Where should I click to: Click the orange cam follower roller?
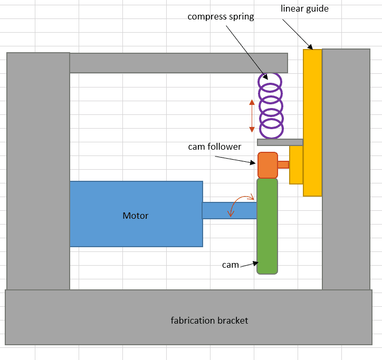point(268,165)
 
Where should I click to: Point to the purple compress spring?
point(270,105)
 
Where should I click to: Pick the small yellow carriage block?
point(296,164)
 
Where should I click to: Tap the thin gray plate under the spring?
point(280,142)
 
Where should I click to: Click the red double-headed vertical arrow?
point(252,114)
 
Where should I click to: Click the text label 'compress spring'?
point(221,17)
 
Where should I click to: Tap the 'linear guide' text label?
point(304,8)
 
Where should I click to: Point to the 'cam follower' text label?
point(214,147)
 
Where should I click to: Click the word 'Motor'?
point(136,216)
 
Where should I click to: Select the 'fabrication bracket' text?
point(209,320)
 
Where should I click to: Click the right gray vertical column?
point(346,169)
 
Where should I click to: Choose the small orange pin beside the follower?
point(283,164)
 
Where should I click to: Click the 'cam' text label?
point(231,265)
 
